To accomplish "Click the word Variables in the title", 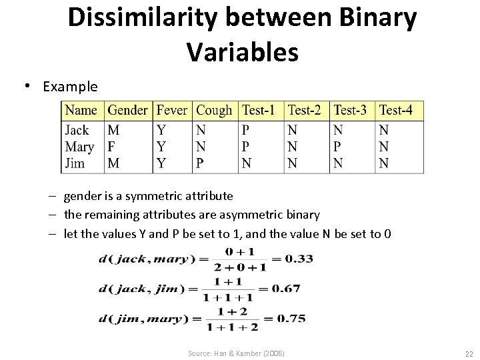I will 243,52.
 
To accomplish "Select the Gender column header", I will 127,110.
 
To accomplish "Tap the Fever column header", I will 172,110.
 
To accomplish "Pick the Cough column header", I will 215,110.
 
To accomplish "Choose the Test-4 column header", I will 397,110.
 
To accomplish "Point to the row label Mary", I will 79,146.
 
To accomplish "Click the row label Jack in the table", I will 77,130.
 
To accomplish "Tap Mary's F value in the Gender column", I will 111,146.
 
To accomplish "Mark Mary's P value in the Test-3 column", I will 337,146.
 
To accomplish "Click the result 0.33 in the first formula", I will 299,259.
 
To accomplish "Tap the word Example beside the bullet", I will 70,87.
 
